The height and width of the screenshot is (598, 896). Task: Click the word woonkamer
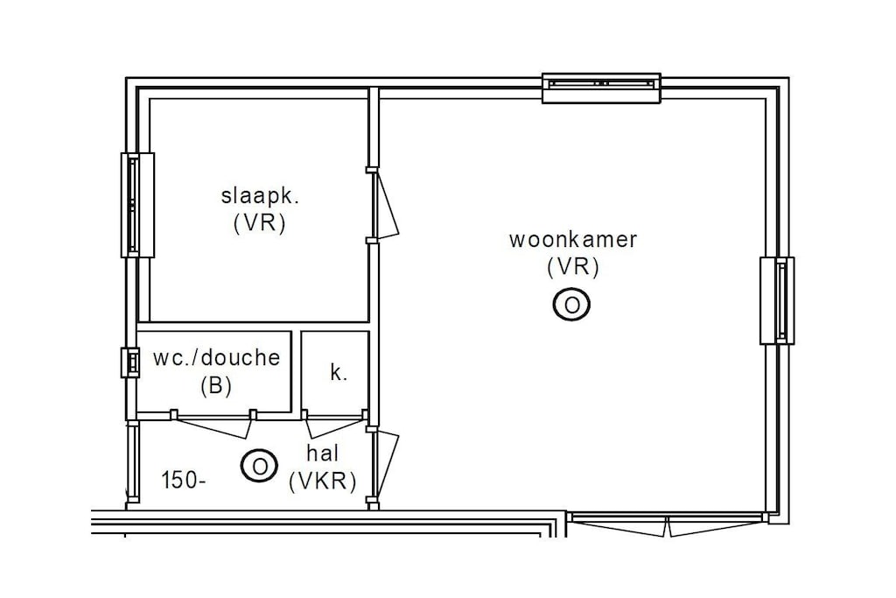point(572,240)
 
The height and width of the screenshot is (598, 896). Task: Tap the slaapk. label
point(261,195)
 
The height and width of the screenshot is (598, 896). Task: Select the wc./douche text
point(217,358)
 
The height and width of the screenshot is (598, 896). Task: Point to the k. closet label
point(339,373)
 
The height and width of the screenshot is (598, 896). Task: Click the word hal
point(323,454)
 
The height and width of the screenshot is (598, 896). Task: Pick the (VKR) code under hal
point(323,482)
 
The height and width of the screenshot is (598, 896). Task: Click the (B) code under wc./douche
point(216,386)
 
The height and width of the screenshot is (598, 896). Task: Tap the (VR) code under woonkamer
point(572,267)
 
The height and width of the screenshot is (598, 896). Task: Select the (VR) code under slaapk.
point(260,223)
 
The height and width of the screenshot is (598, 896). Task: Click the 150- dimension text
point(184,481)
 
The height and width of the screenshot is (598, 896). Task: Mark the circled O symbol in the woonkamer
point(571,305)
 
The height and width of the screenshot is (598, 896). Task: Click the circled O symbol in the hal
point(259,466)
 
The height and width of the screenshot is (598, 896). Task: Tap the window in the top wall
point(601,88)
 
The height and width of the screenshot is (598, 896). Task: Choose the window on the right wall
point(777,300)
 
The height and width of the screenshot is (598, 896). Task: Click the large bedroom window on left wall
point(137,205)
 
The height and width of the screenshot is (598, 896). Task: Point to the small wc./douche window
point(130,362)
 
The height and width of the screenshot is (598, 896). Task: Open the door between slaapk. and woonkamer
point(384,206)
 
